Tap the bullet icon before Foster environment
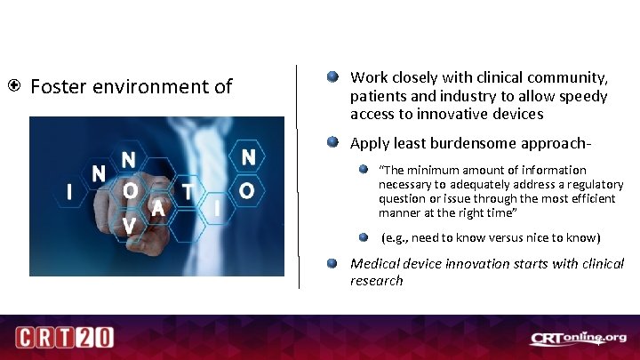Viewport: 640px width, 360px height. point(15,87)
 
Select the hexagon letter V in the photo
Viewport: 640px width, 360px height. point(130,226)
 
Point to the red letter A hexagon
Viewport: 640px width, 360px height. point(158,208)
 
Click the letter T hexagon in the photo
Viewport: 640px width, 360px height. point(188,191)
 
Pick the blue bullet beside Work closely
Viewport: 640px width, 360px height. point(332,78)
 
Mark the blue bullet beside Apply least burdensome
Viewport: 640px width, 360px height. point(332,142)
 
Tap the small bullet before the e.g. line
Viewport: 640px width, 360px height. point(364,237)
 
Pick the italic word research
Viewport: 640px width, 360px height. point(376,281)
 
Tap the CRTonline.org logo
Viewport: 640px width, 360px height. point(579,338)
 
